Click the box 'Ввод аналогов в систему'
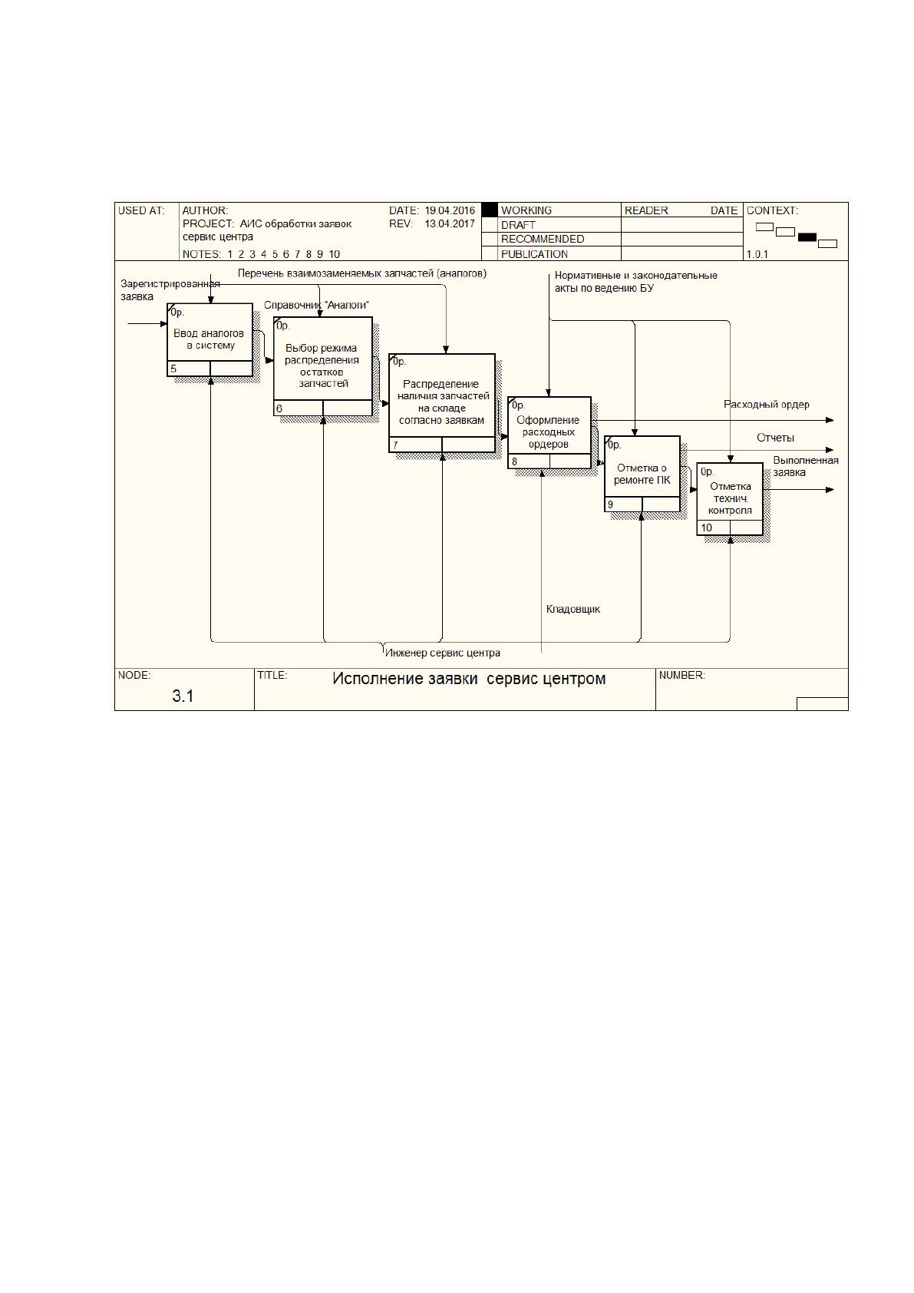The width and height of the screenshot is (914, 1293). [210, 340]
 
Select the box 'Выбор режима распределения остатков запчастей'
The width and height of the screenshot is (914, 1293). [323, 366]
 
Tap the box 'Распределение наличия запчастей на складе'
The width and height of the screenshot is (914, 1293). [442, 403]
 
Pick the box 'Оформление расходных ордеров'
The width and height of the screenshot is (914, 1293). [549, 432]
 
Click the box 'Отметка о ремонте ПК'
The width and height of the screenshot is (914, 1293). [642, 474]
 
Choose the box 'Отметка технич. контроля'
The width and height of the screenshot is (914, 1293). [730, 499]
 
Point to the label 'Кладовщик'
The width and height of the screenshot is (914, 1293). [573, 609]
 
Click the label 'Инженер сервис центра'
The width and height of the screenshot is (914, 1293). [443, 653]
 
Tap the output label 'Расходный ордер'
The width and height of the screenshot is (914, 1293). [767, 405]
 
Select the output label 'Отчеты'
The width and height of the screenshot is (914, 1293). [776, 438]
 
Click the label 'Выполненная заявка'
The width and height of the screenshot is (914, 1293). [806, 466]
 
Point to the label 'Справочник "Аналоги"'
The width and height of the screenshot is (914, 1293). [316, 305]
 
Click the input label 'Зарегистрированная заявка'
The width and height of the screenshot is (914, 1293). [170, 290]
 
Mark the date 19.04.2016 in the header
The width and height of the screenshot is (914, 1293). [450, 210]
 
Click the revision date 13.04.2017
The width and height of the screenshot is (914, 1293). [450, 224]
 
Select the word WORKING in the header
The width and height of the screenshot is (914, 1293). [526, 210]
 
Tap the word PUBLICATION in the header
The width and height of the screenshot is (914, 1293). [534, 254]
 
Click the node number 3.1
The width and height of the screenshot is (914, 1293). [183, 696]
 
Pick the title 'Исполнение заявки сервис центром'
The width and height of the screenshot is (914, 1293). [469, 679]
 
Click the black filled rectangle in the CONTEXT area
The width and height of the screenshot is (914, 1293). [807, 237]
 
